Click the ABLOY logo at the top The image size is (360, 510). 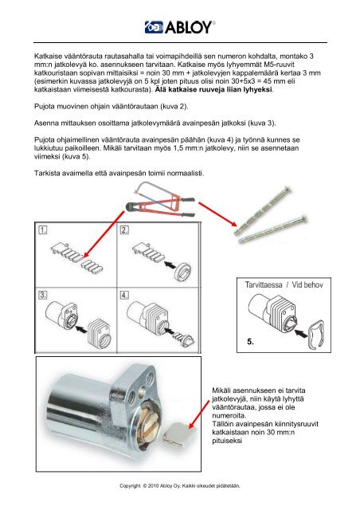click(x=180, y=27)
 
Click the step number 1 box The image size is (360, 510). click(x=43, y=230)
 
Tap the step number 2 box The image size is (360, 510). click(x=124, y=230)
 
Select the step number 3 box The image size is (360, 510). click(x=43, y=295)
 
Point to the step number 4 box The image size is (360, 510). click(x=124, y=295)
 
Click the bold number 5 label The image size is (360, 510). click(x=250, y=342)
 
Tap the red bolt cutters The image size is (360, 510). click(x=159, y=205)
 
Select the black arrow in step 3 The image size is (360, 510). click(x=81, y=329)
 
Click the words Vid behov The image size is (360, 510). click(x=307, y=285)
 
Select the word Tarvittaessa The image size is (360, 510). click(x=264, y=285)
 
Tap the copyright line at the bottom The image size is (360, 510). click(x=179, y=485)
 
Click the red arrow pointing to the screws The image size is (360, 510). click(x=217, y=214)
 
